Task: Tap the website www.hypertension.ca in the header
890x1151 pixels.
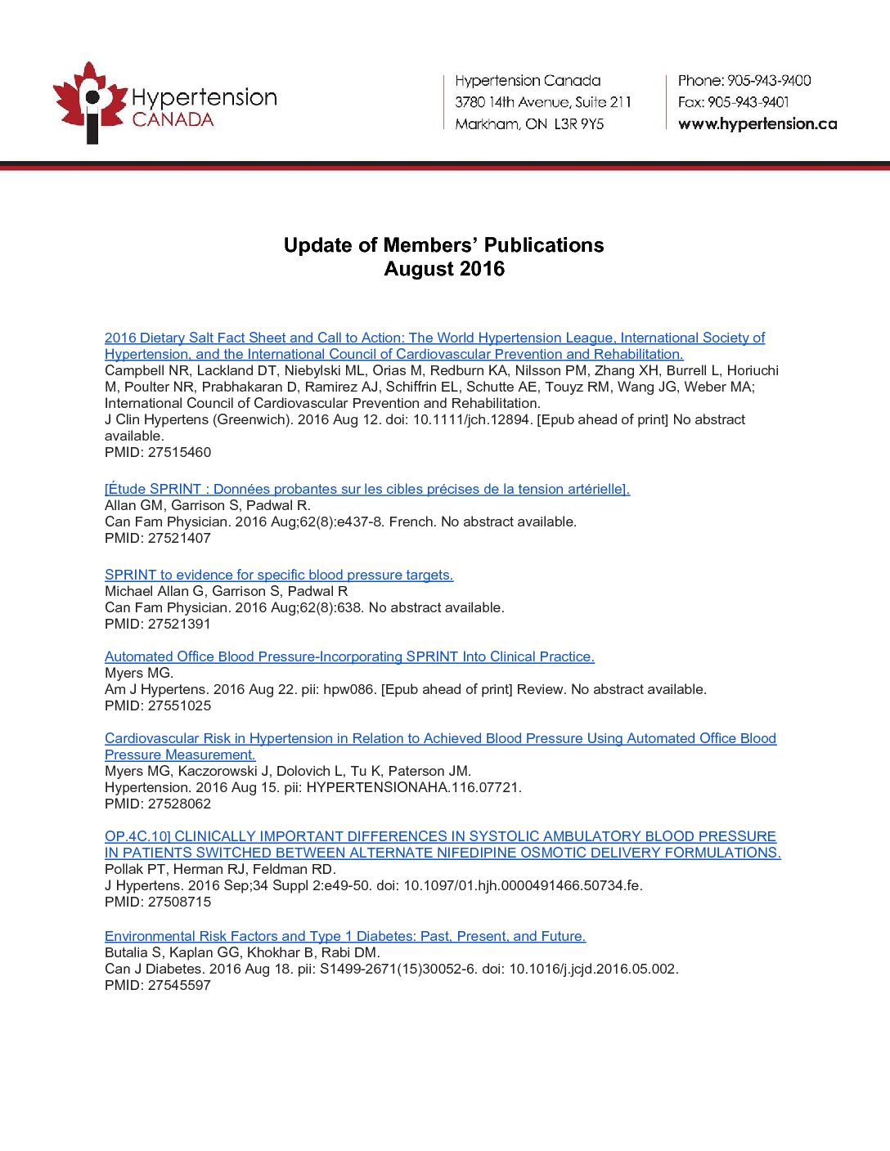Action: tap(757, 124)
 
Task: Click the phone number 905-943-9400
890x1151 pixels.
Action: tap(769, 80)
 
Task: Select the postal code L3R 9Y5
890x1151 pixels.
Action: tap(579, 124)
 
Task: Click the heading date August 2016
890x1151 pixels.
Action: tap(444, 269)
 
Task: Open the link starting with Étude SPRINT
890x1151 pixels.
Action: tap(367, 489)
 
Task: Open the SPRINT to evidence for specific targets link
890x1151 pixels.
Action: tap(279, 575)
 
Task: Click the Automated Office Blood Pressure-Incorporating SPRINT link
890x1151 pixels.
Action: tap(349, 656)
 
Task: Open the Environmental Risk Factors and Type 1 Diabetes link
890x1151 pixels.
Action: tap(345, 936)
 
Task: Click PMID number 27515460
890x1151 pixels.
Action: tap(179, 452)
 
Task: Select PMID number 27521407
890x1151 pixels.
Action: tap(179, 538)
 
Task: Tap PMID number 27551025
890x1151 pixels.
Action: tap(179, 705)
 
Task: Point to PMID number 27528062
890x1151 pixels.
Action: tap(179, 804)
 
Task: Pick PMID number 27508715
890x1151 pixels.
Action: tap(179, 902)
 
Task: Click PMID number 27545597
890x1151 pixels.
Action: tap(179, 985)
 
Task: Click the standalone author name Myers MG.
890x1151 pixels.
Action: tap(139, 673)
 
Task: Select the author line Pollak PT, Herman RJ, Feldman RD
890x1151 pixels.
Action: tap(220, 869)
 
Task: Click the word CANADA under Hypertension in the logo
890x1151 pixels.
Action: tap(173, 119)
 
